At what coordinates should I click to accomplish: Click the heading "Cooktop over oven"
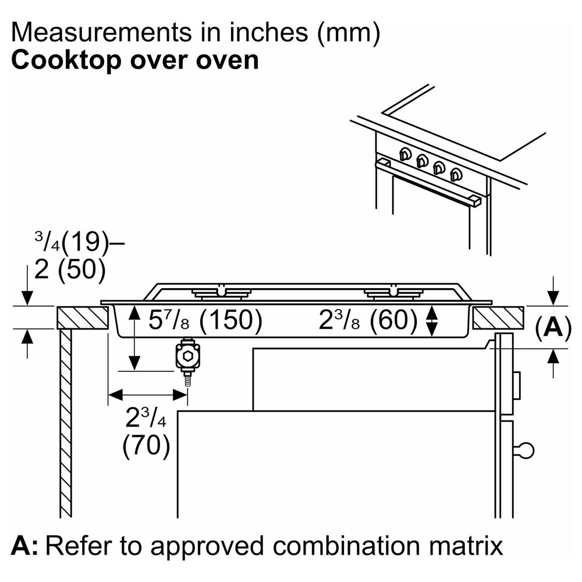click(x=134, y=61)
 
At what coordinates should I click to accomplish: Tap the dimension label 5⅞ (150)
click(x=204, y=321)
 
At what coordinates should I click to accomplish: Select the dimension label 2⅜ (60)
click(x=368, y=321)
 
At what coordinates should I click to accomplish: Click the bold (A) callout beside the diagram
click(x=549, y=328)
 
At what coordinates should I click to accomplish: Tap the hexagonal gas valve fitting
click(x=187, y=356)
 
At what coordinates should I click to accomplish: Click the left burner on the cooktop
click(x=221, y=293)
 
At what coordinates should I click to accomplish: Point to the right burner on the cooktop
click(x=392, y=293)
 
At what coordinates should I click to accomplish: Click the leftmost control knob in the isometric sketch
click(x=404, y=154)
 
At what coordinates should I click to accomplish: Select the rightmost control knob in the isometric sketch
click(x=456, y=173)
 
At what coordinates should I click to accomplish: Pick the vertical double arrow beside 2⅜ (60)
click(x=431, y=321)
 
